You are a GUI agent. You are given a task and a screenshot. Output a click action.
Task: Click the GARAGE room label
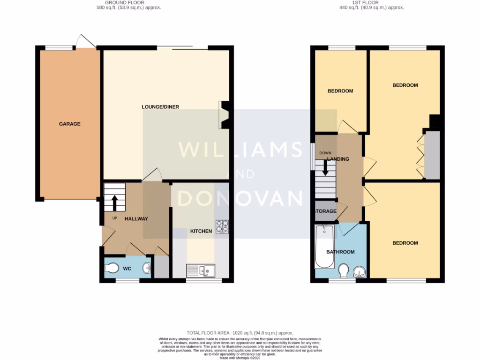click(x=69, y=124)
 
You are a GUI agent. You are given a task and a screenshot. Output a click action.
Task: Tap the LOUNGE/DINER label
click(x=160, y=107)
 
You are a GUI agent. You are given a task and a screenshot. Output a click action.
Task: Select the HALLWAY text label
click(x=136, y=219)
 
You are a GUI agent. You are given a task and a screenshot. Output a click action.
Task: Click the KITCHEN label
click(x=201, y=231)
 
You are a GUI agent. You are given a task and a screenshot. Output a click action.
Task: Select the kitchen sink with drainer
click(x=201, y=270)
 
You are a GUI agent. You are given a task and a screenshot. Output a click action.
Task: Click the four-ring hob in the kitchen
click(x=222, y=226)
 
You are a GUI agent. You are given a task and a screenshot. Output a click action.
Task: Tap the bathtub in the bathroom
click(x=325, y=246)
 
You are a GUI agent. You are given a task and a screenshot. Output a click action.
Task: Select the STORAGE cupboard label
click(x=325, y=211)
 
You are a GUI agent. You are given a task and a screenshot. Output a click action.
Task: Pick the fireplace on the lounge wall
click(x=223, y=115)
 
